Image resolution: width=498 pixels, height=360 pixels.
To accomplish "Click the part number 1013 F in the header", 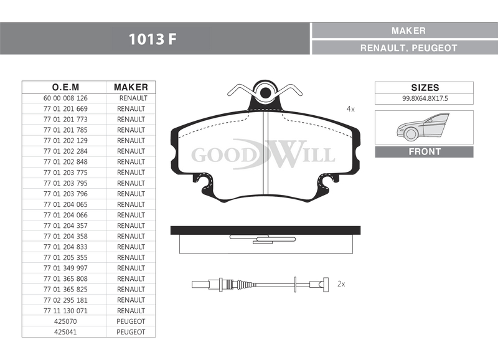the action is pos(152,39).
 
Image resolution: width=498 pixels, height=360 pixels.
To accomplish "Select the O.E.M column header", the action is pos(65,87).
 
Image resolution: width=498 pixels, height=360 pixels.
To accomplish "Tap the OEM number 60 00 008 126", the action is pos(65,98).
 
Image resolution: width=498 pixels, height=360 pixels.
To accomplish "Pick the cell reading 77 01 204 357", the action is pos(65,225).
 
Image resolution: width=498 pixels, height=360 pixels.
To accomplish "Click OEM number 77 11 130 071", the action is pos(65,311).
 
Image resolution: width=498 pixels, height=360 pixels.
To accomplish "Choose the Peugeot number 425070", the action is pos(65,321).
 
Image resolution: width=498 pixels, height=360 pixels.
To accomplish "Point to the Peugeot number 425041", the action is pos(65,332).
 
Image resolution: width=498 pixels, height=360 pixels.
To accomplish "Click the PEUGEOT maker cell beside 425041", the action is pos(131,332).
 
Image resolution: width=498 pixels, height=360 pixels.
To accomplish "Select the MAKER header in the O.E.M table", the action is pos(131,87).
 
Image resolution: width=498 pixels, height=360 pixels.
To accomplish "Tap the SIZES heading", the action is pos(425,87).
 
